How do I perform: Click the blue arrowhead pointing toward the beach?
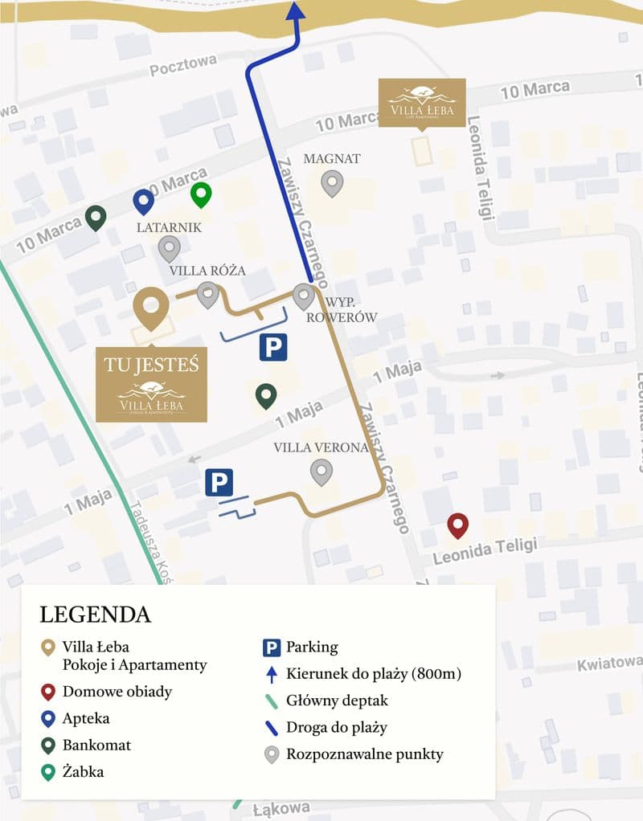[x=295, y=10]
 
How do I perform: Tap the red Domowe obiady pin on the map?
[x=458, y=525]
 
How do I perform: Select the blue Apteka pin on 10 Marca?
[x=143, y=201]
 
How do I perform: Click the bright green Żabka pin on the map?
[x=200, y=194]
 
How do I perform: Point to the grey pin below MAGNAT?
[x=332, y=183]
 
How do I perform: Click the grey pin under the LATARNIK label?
[x=168, y=248]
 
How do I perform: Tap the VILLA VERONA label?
[x=321, y=447]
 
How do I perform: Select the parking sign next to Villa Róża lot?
[x=272, y=347]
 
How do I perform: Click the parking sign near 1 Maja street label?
[x=219, y=482]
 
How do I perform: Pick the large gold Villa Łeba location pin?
[x=151, y=308]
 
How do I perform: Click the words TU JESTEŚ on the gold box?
[x=151, y=364]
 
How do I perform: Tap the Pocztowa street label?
[x=183, y=66]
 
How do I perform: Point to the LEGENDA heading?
[x=95, y=615]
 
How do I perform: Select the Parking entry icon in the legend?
[x=272, y=647]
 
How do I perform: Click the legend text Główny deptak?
[x=337, y=701]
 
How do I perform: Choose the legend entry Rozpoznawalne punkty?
[x=364, y=754]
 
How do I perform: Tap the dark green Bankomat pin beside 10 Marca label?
[x=96, y=217]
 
